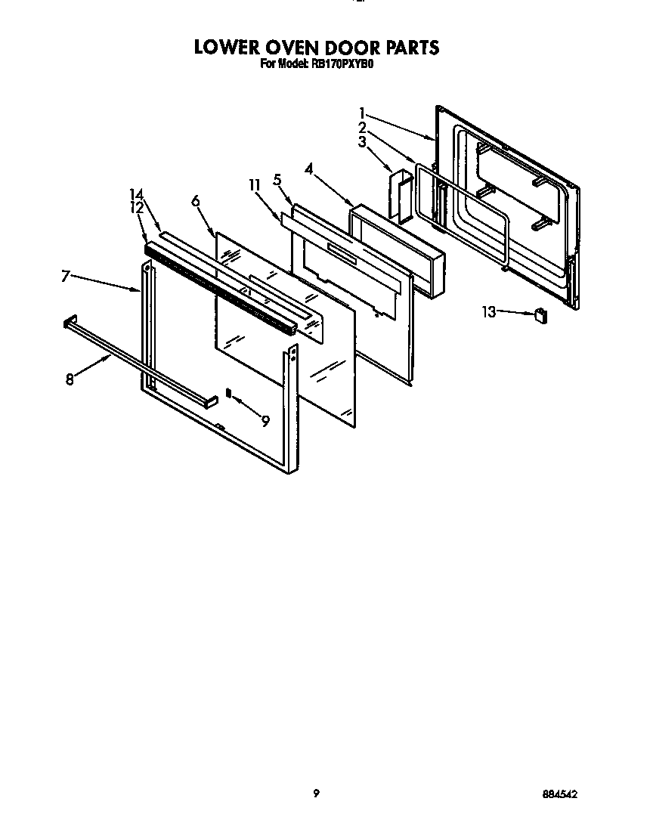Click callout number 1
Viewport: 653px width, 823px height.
(x=363, y=113)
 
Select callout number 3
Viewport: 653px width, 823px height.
(x=363, y=141)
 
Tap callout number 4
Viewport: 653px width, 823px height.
(x=309, y=169)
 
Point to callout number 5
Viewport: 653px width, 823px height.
(x=277, y=180)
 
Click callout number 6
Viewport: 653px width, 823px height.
(x=195, y=200)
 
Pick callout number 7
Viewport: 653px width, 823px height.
(x=66, y=277)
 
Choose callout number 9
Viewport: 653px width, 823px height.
(x=265, y=422)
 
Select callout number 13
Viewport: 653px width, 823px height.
(x=491, y=311)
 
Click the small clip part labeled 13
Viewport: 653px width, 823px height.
(x=540, y=315)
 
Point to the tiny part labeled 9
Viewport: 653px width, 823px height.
(x=228, y=392)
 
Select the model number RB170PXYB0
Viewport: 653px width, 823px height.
(x=342, y=65)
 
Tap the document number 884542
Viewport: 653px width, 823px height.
(x=560, y=794)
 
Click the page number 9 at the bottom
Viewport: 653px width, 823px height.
(x=317, y=793)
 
